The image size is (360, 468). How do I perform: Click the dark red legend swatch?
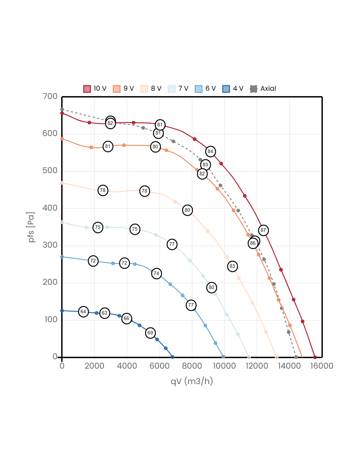coord(87,89)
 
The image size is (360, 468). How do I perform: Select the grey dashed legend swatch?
coord(253,89)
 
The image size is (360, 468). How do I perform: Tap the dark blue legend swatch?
coord(226,89)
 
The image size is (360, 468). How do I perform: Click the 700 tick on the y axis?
coord(50,96)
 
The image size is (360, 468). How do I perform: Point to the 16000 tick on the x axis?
coord(321,366)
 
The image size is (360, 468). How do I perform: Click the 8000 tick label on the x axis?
coord(192,366)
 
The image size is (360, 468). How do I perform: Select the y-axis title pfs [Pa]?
coord(32,227)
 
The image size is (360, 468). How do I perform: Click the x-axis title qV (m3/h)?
coord(192,381)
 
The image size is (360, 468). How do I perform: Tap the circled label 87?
coord(263,230)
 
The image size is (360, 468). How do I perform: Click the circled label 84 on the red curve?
coord(210,152)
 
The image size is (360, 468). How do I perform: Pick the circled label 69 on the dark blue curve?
coord(150,333)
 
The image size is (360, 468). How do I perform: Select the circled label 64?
coord(83,312)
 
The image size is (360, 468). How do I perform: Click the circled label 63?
coord(104,313)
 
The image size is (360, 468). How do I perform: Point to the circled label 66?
coord(126,319)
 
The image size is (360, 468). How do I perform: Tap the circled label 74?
coord(156,274)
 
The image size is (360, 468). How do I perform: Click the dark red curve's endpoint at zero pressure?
coord(315,357)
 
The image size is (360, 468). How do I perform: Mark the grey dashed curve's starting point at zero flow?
coord(62,109)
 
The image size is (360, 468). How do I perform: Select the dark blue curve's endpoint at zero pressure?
coord(172,357)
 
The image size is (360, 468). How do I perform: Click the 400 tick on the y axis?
coord(50,208)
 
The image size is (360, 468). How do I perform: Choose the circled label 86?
coord(253,243)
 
